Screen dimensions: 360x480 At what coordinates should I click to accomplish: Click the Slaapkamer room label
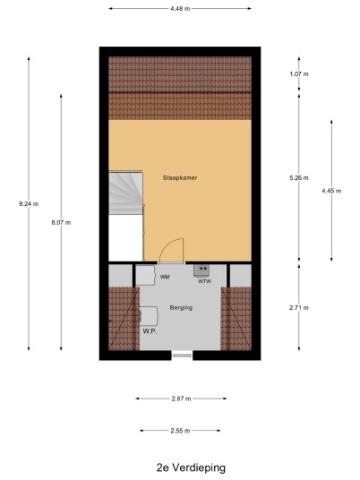click(x=180, y=177)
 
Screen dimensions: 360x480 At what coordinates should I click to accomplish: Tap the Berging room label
click(x=181, y=308)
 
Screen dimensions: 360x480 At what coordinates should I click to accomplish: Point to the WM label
click(x=165, y=277)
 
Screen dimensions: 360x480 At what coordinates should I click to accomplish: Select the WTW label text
click(x=204, y=281)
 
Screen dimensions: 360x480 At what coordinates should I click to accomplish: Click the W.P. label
click(x=150, y=331)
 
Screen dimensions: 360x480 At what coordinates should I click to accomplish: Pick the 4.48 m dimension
click(x=180, y=9)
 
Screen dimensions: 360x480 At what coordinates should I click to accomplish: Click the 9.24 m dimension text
click(x=29, y=203)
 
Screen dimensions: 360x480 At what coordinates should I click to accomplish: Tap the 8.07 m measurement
click(x=61, y=223)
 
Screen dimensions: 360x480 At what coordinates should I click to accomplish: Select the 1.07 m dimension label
click(x=299, y=73)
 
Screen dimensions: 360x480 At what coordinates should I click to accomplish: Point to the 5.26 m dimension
click(x=299, y=178)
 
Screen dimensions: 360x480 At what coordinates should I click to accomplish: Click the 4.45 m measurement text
click(x=331, y=191)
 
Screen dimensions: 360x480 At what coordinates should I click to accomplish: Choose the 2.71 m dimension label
click(x=299, y=308)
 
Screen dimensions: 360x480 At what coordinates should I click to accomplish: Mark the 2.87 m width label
click(x=181, y=399)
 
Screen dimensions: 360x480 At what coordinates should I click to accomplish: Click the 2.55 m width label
click(x=180, y=431)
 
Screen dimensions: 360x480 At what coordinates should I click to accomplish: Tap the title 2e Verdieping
click(x=191, y=467)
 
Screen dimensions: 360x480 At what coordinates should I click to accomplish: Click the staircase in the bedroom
click(x=125, y=193)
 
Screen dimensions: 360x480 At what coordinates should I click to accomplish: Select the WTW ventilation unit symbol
click(x=201, y=271)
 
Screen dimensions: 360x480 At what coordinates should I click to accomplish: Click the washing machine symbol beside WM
click(x=146, y=275)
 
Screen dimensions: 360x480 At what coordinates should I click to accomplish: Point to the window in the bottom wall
click(x=182, y=356)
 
